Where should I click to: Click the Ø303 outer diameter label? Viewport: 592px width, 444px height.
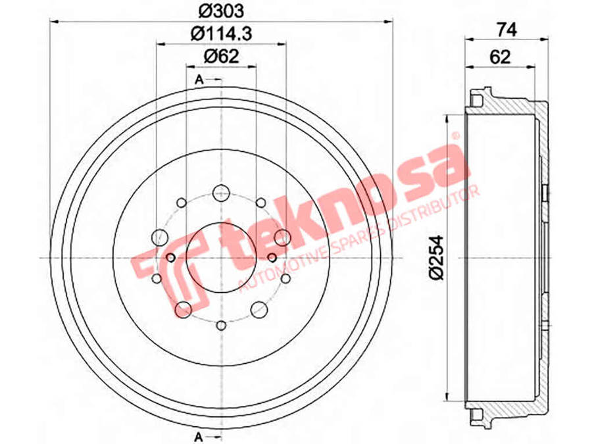[x=221, y=11]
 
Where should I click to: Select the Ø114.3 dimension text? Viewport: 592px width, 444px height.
[x=221, y=32]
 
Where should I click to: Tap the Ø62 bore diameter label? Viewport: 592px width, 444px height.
[x=220, y=56]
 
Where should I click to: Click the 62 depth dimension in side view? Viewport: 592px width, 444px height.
[x=500, y=57]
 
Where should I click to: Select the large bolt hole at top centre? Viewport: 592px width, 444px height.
[x=220, y=193]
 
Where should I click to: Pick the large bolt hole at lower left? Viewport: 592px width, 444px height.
[x=183, y=308]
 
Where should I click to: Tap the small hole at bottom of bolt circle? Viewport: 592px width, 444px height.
[x=221, y=325]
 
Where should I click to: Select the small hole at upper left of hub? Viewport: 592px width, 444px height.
[x=182, y=202]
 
